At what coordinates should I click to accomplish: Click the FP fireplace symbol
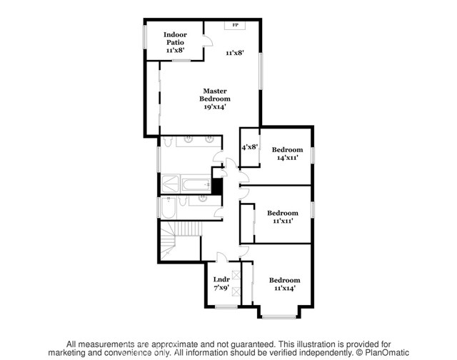235,25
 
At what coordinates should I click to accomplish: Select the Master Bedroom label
215,94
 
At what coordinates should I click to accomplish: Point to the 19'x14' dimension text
215,106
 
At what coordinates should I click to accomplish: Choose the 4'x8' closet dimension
249,147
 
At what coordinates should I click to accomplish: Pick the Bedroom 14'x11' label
287,149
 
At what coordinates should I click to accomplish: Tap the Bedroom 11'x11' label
283,212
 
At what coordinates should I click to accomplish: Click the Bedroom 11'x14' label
284,280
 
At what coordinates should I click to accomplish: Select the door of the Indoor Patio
206,41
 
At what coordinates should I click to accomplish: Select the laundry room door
222,259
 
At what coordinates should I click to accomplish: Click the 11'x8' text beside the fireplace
235,53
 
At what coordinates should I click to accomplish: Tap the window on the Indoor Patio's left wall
145,38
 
